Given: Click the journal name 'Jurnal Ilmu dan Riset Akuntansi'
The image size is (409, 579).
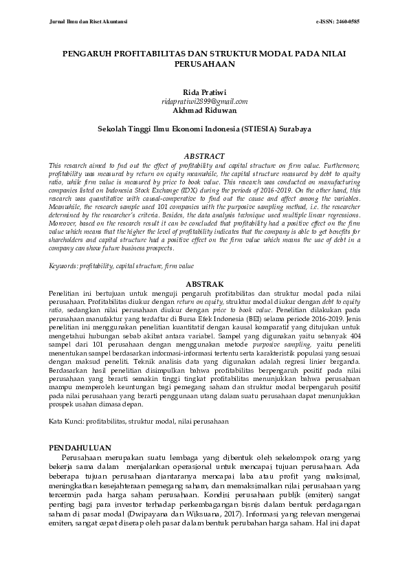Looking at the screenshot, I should (x=81, y=22).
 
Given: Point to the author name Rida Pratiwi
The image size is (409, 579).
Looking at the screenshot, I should (x=204, y=91).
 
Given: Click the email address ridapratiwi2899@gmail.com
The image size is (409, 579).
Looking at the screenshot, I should (x=204, y=100).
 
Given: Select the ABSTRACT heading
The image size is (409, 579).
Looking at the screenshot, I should (x=204, y=156).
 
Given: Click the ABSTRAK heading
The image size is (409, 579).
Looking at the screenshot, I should (x=204, y=283).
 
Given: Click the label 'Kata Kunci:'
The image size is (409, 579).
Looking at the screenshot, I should (x=67, y=419).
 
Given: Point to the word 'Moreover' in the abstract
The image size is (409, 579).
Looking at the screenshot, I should (x=64, y=224).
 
